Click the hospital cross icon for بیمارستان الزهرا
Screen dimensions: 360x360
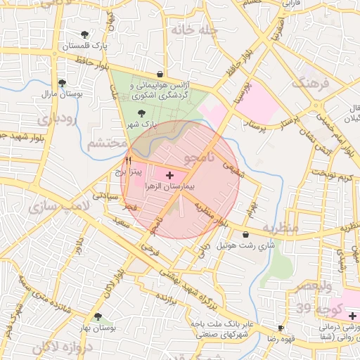pyautogui.click(x=169, y=173)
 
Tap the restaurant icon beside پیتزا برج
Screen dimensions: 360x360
pyautogui.click(x=128, y=161)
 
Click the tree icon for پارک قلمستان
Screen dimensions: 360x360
pyautogui.click(x=85, y=34)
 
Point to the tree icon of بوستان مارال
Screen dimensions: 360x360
pyautogui.click(x=62, y=82)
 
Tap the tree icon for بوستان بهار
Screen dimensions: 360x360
pyautogui.click(x=97, y=317)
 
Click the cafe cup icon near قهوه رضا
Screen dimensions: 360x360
pyautogui.click(x=281, y=328)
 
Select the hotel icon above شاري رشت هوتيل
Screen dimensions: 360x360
pyautogui.click(x=245, y=234)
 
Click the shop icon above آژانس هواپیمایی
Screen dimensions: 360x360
pyautogui.click(x=160, y=74)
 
